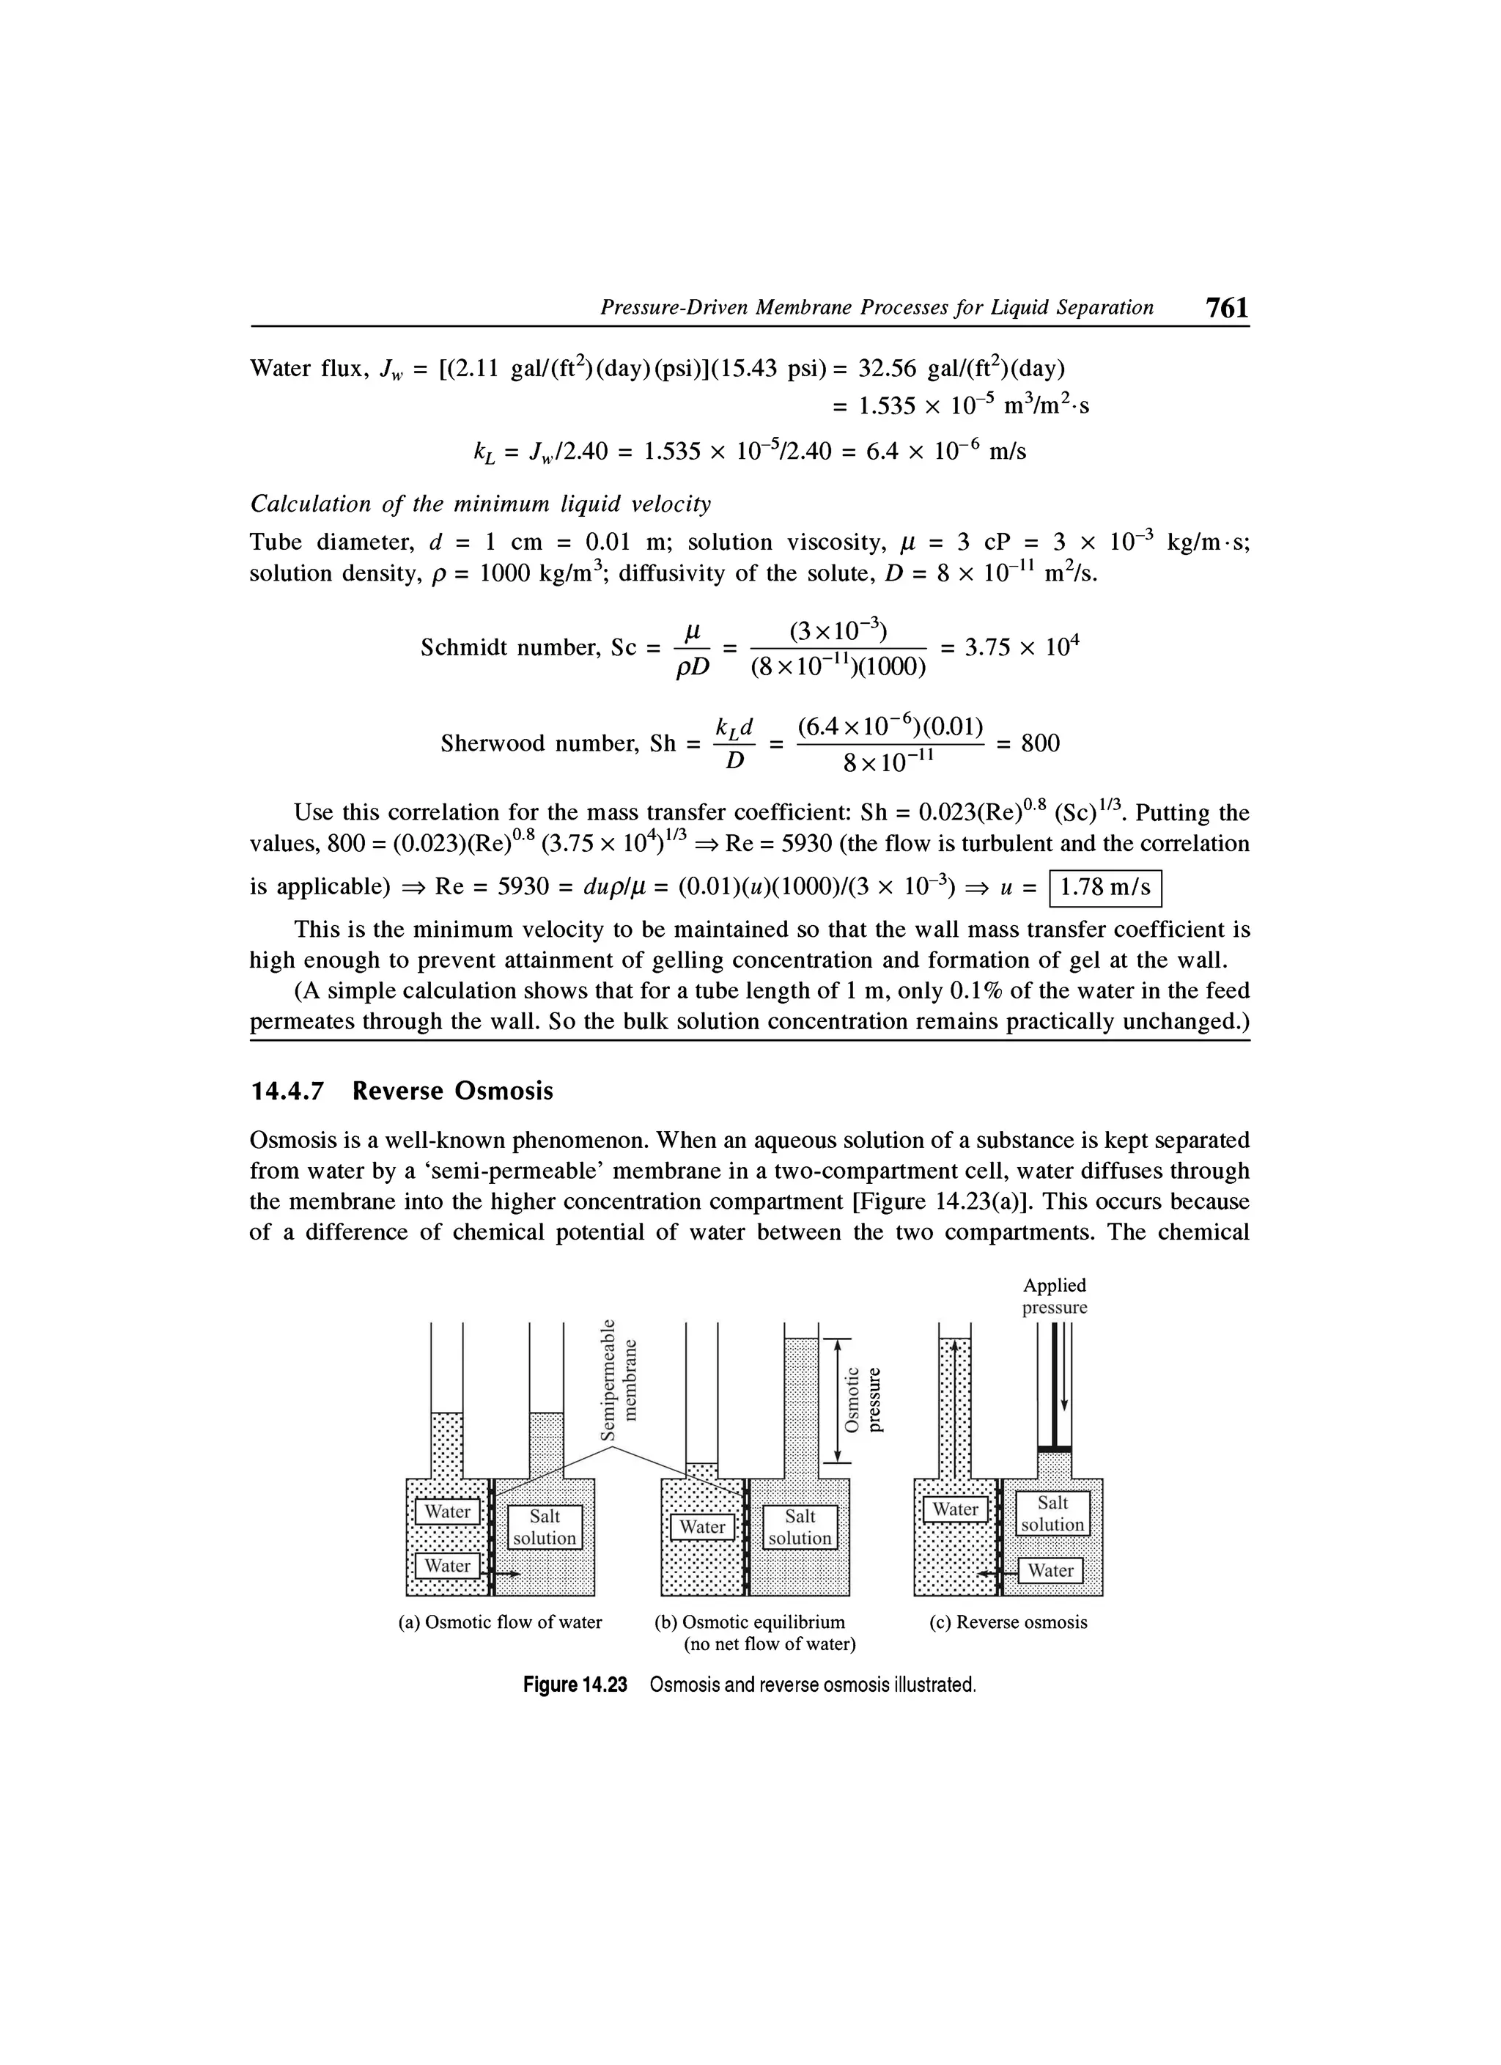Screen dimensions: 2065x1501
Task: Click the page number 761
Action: (1225, 308)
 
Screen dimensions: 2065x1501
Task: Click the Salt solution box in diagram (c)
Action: (1052, 1513)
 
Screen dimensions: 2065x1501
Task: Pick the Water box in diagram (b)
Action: (702, 1527)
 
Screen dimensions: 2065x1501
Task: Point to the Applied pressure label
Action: (1054, 1297)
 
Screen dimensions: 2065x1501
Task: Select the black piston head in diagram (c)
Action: (1054, 1449)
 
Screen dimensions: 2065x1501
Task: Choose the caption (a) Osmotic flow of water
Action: (501, 1622)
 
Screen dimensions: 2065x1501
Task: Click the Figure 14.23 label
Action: (575, 1685)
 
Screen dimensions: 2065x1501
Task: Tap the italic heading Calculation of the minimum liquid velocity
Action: (480, 504)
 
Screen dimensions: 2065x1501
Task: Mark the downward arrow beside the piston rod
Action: (1063, 1366)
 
